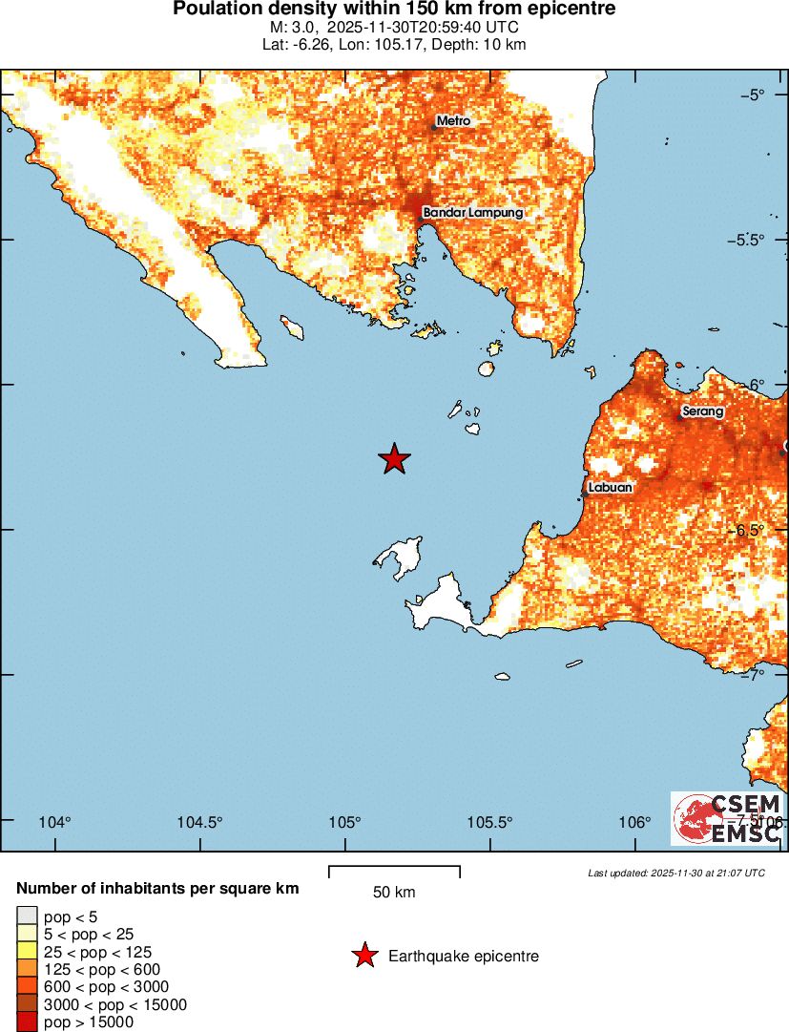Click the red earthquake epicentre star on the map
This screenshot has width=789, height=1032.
click(394, 459)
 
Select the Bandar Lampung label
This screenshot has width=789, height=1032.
click(473, 212)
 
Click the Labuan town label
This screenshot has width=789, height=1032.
click(611, 487)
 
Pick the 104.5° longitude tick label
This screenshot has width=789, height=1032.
click(200, 823)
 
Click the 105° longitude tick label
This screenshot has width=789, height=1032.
click(344, 823)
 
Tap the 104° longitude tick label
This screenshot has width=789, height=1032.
click(54, 823)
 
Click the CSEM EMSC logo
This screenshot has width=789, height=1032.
click(728, 818)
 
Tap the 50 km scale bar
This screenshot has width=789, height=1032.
click(394, 872)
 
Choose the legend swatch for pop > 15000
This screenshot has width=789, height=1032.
click(27, 1022)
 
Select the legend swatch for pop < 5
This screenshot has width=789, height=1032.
click(27, 916)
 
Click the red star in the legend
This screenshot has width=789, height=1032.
click(363, 956)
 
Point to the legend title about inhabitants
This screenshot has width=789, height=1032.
click(157, 889)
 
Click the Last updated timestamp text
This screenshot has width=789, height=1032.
click(676, 873)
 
